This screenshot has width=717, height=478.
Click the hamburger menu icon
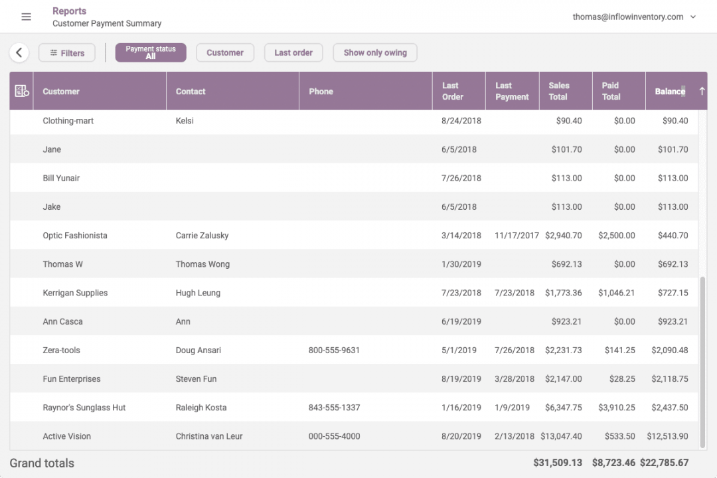[27, 17]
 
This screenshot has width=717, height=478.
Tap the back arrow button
[19, 52]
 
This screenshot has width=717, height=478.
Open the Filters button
[67, 53]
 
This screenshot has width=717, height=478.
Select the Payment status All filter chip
[151, 52]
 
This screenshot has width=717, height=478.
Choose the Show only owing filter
[375, 52]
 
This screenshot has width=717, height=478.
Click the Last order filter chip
[293, 52]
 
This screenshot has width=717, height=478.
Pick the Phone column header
[321, 92]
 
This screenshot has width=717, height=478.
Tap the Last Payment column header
[512, 91]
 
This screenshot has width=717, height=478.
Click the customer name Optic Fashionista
[75, 236]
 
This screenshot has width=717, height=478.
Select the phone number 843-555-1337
[334, 408]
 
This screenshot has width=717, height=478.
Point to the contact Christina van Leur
[209, 436]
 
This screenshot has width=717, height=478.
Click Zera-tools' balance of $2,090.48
[669, 350]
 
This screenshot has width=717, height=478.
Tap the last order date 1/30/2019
[461, 264]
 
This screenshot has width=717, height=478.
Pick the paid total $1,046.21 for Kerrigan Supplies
[616, 293]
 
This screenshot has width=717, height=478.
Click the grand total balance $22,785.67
[665, 463]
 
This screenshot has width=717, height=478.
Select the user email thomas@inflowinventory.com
[628, 17]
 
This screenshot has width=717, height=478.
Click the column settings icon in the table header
[22, 92]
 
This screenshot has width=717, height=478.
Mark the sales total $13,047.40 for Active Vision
[561, 436]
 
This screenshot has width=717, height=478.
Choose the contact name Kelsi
[185, 121]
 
